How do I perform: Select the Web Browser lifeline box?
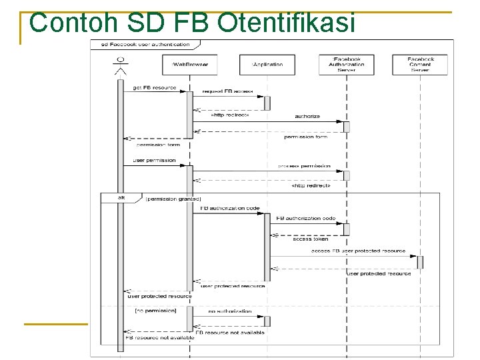190,65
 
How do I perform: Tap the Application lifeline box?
267,65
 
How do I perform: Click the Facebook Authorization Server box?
346,64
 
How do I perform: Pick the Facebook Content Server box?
421,64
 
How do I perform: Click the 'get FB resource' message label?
155,87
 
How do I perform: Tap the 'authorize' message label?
307,116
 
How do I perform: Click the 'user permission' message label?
155,160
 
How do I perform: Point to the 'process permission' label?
304,165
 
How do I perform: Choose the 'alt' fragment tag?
121,198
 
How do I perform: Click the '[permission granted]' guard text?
173,199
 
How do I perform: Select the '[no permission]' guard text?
155,311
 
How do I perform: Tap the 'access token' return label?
311,239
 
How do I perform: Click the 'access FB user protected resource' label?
358,251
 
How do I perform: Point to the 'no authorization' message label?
230,311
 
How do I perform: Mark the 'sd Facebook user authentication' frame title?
145,44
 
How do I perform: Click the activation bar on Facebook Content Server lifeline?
420,262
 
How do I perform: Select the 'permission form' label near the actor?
158,144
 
